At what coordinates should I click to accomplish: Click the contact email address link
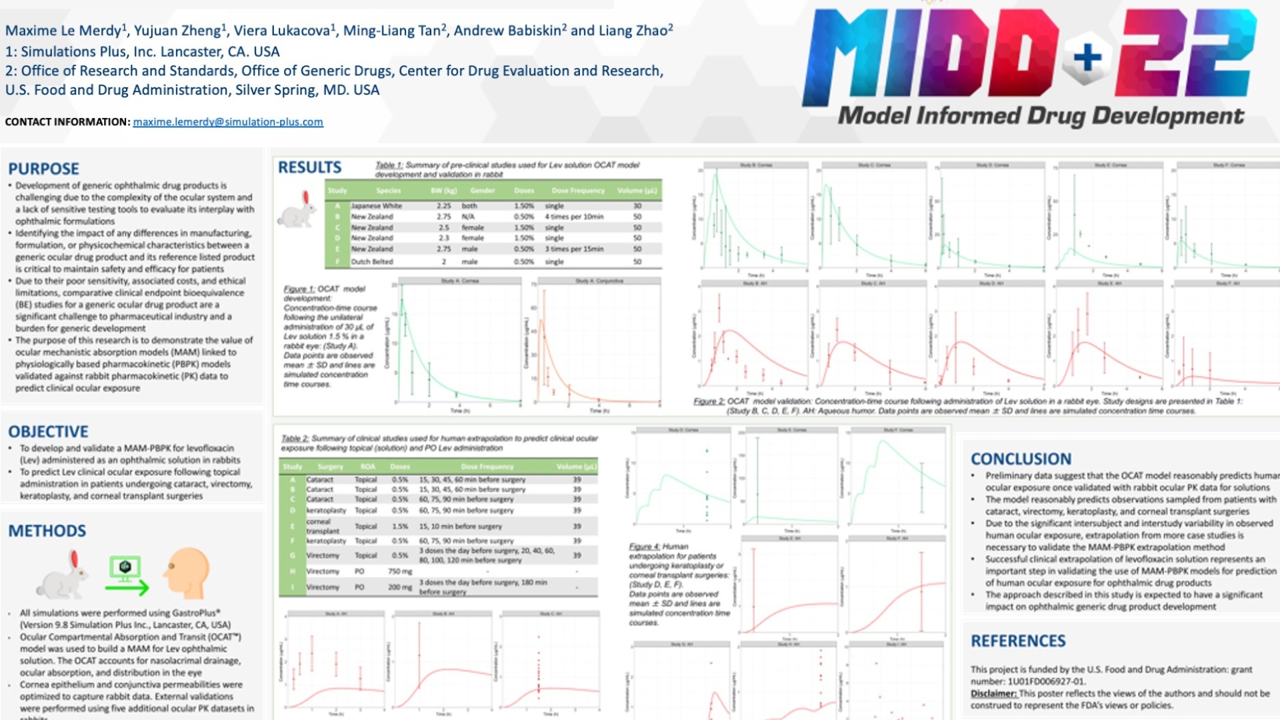pyautogui.click(x=228, y=122)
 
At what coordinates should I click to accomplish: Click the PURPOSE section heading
pyautogui.click(x=43, y=169)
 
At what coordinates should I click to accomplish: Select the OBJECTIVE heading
pyautogui.click(x=48, y=431)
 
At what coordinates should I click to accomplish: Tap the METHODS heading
pyautogui.click(x=47, y=531)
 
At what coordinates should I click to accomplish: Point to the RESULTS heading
pyautogui.click(x=309, y=167)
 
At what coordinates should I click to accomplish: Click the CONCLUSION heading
pyautogui.click(x=1021, y=459)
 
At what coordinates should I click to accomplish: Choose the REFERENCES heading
pyautogui.click(x=1018, y=641)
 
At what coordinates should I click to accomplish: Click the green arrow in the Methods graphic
pyautogui.click(x=127, y=587)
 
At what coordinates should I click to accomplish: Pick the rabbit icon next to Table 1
pyautogui.click(x=298, y=209)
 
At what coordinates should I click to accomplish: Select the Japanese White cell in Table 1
pyautogui.click(x=376, y=206)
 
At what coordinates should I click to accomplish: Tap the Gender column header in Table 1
pyautogui.click(x=482, y=191)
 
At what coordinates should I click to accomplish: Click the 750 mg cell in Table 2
pyautogui.click(x=400, y=571)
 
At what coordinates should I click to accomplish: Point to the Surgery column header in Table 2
pyautogui.click(x=330, y=467)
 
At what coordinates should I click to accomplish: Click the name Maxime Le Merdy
pyautogui.click(x=63, y=31)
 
